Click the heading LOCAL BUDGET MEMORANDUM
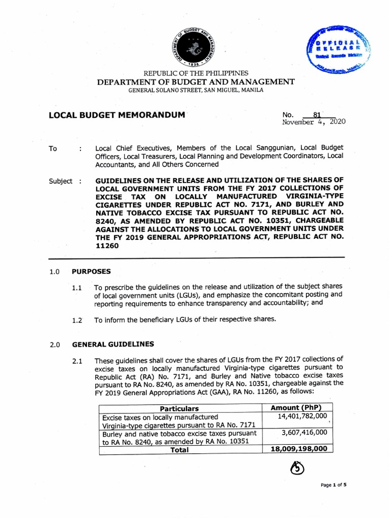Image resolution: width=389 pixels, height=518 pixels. click(117, 115)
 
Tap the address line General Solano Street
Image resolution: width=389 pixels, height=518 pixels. click(196, 90)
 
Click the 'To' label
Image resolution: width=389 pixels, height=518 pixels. click(53, 149)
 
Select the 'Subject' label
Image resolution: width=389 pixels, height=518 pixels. click(61, 181)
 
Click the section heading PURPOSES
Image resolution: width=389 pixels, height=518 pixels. click(91, 271)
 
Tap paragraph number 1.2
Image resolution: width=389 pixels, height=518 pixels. click(77, 320)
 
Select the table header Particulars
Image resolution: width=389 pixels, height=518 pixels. click(179, 408)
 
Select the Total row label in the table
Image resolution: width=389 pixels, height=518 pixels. click(179, 449)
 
